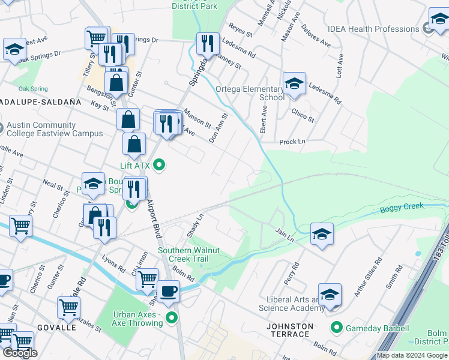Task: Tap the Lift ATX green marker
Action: (159, 164)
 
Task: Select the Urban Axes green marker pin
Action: (172, 318)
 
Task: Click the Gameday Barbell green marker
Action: (336, 328)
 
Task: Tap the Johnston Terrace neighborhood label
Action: (291, 331)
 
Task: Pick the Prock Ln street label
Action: (292, 142)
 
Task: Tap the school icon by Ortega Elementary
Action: (294, 84)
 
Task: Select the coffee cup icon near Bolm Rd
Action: (169, 291)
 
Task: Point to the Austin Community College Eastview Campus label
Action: (55, 129)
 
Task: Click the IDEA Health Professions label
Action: (373, 29)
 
